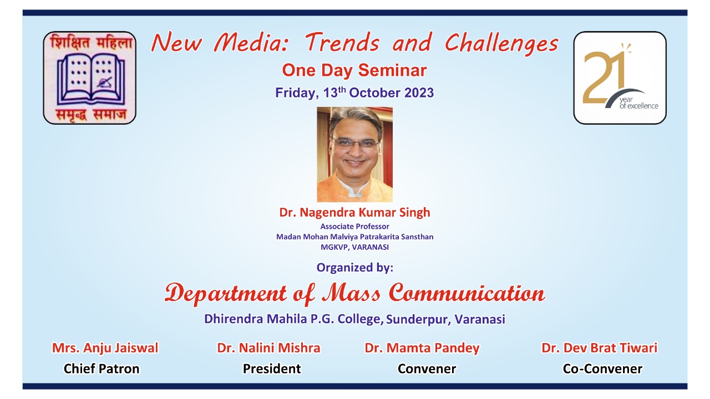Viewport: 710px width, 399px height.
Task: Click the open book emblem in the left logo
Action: coord(91,79)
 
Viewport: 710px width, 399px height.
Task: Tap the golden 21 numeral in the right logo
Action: coord(604,77)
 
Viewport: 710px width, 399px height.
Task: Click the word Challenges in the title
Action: coord(501,44)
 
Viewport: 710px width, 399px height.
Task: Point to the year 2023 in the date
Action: coord(419,93)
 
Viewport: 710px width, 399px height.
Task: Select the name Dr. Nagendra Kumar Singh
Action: coord(354,212)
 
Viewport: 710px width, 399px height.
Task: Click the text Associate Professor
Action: coord(354,227)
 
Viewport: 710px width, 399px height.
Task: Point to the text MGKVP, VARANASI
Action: coord(354,247)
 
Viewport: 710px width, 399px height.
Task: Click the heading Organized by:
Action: coord(354,268)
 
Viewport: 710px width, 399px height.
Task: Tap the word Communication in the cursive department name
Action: coord(466,293)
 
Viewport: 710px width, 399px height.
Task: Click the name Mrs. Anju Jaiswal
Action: coord(105,348)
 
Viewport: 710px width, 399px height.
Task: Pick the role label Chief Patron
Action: coord(102,369)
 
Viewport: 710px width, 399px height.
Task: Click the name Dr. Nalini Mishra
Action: coord(268,348)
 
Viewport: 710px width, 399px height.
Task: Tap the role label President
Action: coord(272,369)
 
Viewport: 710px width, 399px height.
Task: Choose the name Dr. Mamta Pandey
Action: coord(422,348)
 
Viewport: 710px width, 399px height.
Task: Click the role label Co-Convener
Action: coord(602,369)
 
